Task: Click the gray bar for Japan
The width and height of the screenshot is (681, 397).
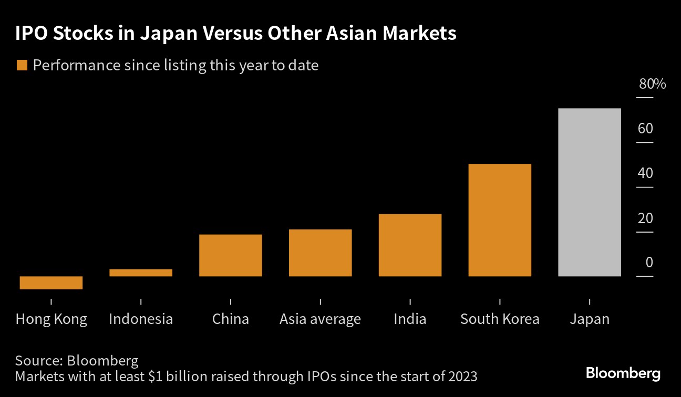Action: [x=590, y=192]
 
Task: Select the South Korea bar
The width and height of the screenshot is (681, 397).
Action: [x=500, y=220]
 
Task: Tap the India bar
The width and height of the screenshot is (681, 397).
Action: [x=410, y=245]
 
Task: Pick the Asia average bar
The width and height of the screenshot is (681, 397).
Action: [x=321, y=253]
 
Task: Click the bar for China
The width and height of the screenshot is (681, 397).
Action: [x=231, y=255]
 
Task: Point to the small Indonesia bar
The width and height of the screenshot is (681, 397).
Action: [x=141, y=273]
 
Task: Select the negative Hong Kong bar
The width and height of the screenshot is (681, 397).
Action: [x=51, y=283]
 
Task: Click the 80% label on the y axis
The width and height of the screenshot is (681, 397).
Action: [x=652, y=84]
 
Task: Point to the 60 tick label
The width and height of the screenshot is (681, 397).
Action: [x=645, y=129]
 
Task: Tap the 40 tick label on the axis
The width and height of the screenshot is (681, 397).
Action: [x=645, y=173]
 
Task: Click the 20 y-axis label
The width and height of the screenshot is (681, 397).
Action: [x=645, y=218]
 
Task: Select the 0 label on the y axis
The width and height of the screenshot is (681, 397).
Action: [x=649, y=263]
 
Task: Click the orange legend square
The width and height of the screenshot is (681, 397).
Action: [x=22, y=65]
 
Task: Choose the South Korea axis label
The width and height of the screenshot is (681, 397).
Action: [x=500, y=319]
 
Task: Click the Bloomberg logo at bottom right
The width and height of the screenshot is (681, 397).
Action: [x=623, y=373]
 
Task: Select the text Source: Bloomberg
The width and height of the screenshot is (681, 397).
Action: [x=77, y=361]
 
